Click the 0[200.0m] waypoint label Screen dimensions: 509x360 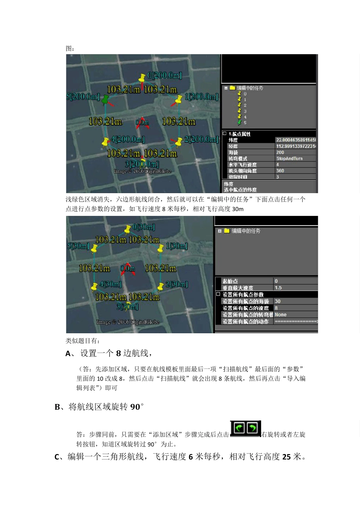pyautogui.click(x=164, y=75)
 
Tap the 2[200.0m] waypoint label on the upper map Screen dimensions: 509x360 pyautogui.click(x=201, y=139)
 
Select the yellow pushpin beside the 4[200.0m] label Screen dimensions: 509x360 pyautogui.click(x=106, y=142)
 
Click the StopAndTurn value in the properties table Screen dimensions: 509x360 pyautogui.click(x=289, y=159)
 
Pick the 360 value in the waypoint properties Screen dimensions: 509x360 pyautogui.click(x=280, y=171)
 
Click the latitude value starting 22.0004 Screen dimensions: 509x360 pyautogui.click(x=296, y=140)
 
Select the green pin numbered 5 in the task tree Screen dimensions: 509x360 pyautogui.click(x=239, y=123)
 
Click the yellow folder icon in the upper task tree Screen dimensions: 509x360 pyautogui.click(x=233, y=88)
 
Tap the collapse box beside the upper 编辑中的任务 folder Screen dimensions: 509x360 pyautogui.click(x=226, y=88)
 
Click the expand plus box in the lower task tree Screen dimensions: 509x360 pyautogui.click(x=220, y=231)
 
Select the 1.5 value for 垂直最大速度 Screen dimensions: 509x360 pyautogui.click(x=278, y=288)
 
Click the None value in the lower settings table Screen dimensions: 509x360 pyautogui.click(x=280, y=315)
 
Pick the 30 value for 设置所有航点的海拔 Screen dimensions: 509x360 pyautogui.click(x=277, y=301)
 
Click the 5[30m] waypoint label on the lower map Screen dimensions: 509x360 pyautogui.click(x=78, y=246)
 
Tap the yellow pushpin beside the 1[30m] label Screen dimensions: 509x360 pyautogui.click(x=160, y=248)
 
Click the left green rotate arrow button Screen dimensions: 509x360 pyautogui.click(x=239, y=428)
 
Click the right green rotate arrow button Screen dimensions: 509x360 pyautogui.click(x=252, y=428)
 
